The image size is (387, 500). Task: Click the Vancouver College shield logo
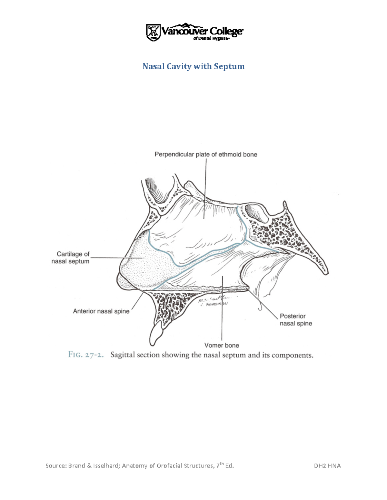[154, 33]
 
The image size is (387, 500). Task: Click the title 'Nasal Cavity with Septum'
[193, 67]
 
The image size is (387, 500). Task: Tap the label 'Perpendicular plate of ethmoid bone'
[206, 155]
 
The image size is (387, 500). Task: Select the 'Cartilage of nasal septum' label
[71, 258]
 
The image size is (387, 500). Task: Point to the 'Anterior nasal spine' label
[101, 311]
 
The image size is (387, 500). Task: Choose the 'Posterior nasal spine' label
[295, 320]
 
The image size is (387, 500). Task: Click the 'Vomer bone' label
[222, 345]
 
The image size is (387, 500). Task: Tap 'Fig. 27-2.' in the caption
[86, 355]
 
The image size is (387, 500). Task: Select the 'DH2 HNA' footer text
[327, 466]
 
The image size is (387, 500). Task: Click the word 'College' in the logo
[226, 31]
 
